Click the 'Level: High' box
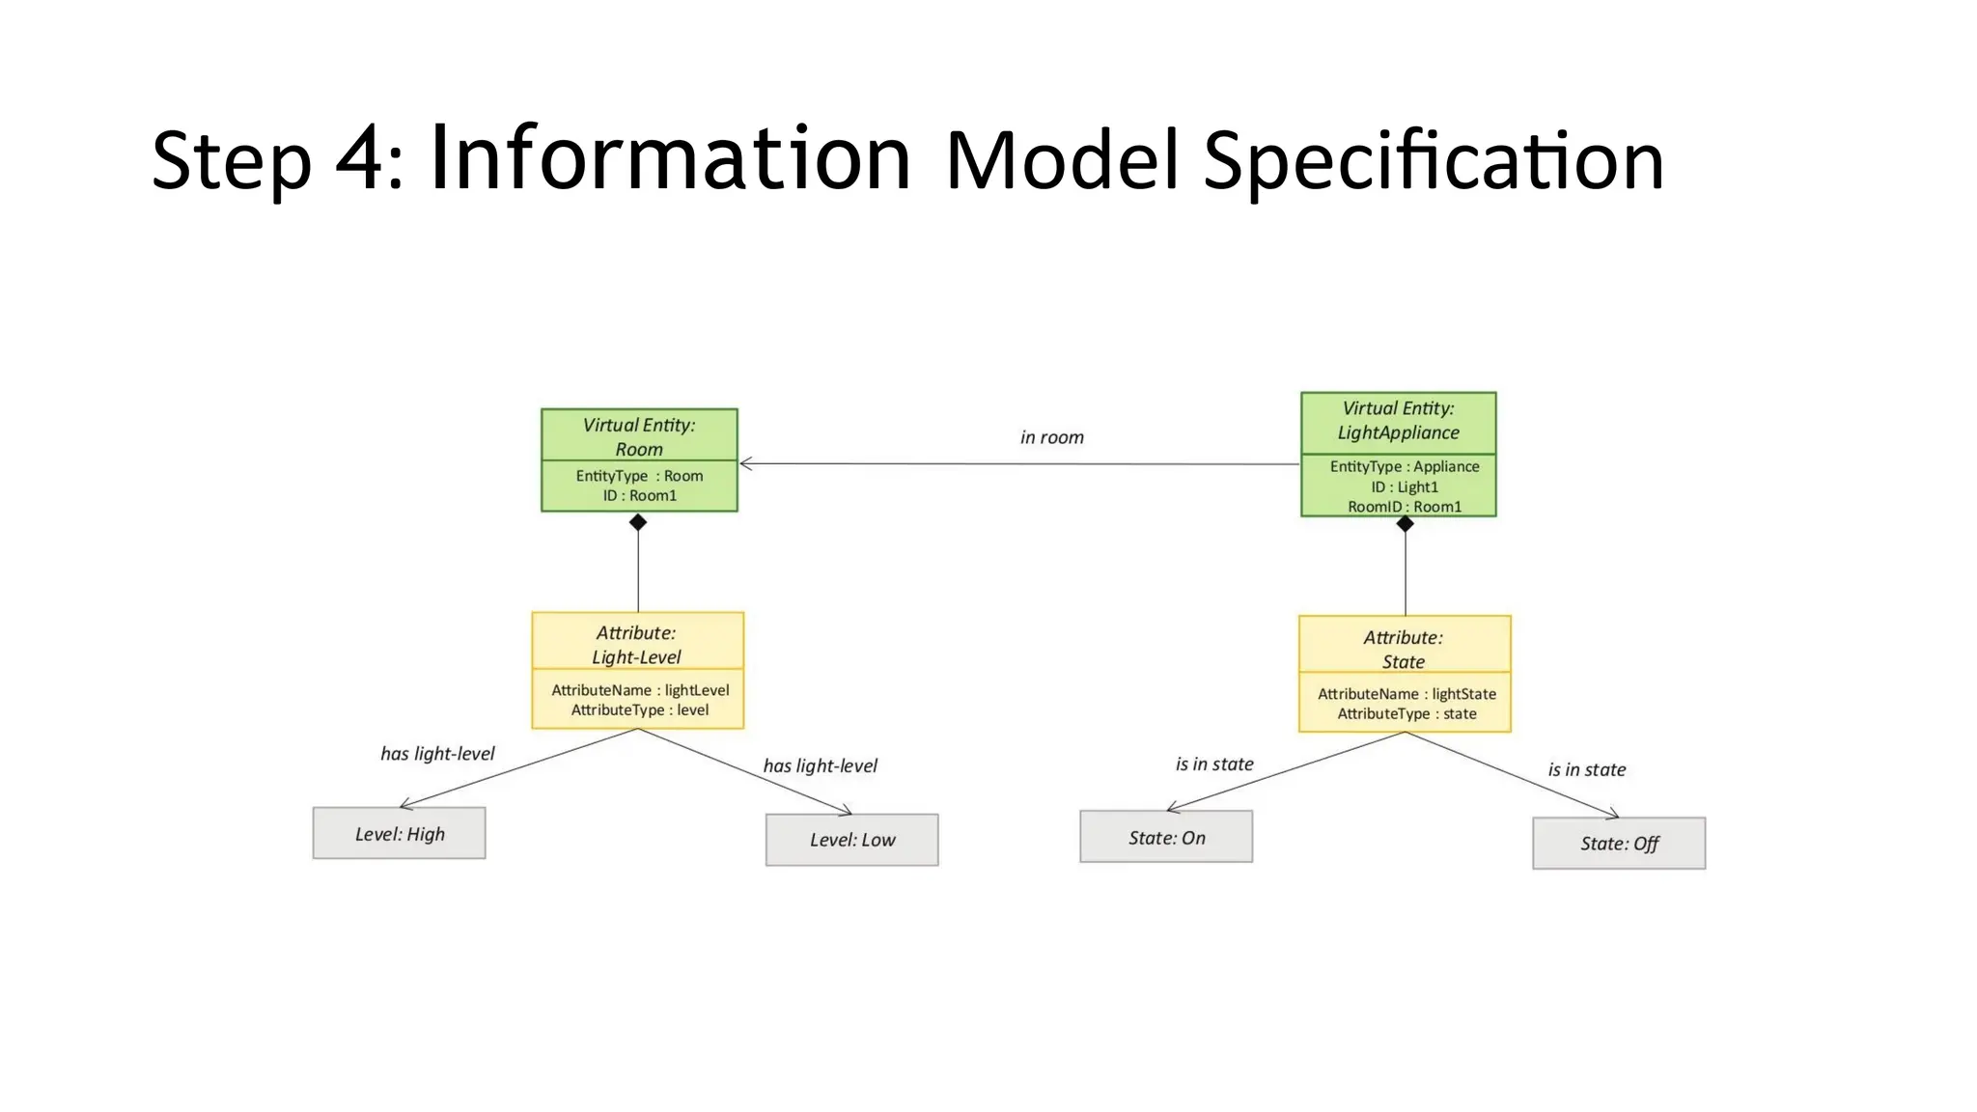click(x=399, y=833)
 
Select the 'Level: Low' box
click(x=851, y=840)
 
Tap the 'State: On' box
click(x=1166, y=837)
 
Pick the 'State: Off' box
click(x=1619, y=844)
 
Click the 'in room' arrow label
click(x=1051, y=437)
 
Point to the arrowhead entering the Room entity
click(x=745, y=464)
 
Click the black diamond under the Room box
click(x=638, y=522)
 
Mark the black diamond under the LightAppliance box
click(x=1405, y=523)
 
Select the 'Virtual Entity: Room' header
click(x=638, y=436)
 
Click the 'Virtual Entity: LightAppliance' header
click(x=1398, y=421)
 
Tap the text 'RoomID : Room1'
click(x=1405, y=507)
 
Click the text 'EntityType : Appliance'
click(x=1404, y=466)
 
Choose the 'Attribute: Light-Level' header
click(x=636, y=644)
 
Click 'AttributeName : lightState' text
click(x=1406, y=694)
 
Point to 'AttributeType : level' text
click(x=639, y=710)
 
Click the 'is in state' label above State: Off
click(x=1586, y=769)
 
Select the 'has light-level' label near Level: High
click(x=437, y=753)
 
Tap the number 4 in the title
click(x=359, y=159)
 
